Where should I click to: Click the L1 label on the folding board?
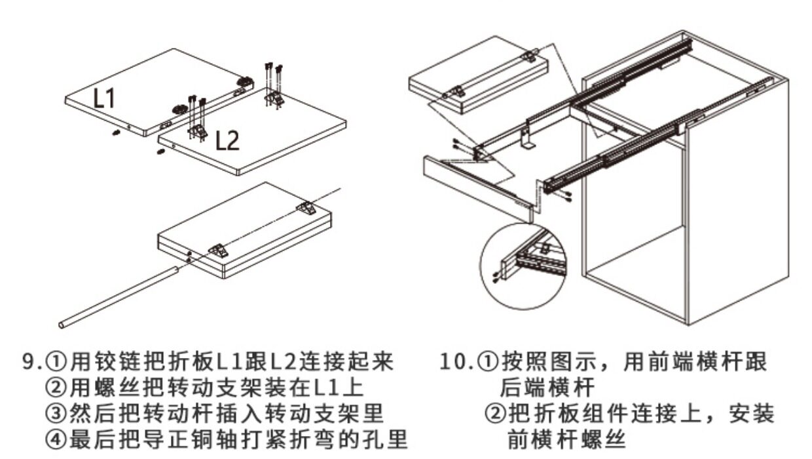pos(104,98)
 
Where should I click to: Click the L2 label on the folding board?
pos(227,140)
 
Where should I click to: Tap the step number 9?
pos(29,362)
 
